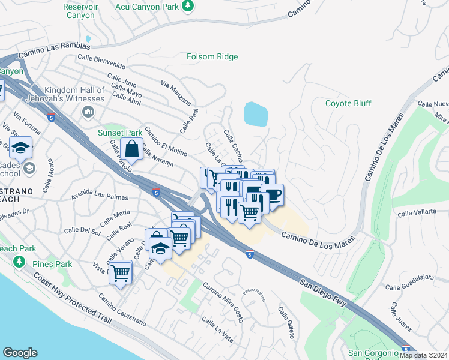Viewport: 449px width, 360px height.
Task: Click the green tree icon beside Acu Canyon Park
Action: tap(188, 5)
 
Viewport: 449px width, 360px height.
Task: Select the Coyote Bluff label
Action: tap(348, 103)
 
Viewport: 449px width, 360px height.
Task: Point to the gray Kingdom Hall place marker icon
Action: tap(89, 112)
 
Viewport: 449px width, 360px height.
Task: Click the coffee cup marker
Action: tap(272, 195)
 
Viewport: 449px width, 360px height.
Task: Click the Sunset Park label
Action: tap(120, 133)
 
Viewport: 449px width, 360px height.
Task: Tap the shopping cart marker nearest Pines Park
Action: tap(121, 273)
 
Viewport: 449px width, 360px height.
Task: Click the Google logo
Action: tap(20, 353)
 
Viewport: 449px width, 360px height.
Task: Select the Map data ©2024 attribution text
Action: tap(424, 355)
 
